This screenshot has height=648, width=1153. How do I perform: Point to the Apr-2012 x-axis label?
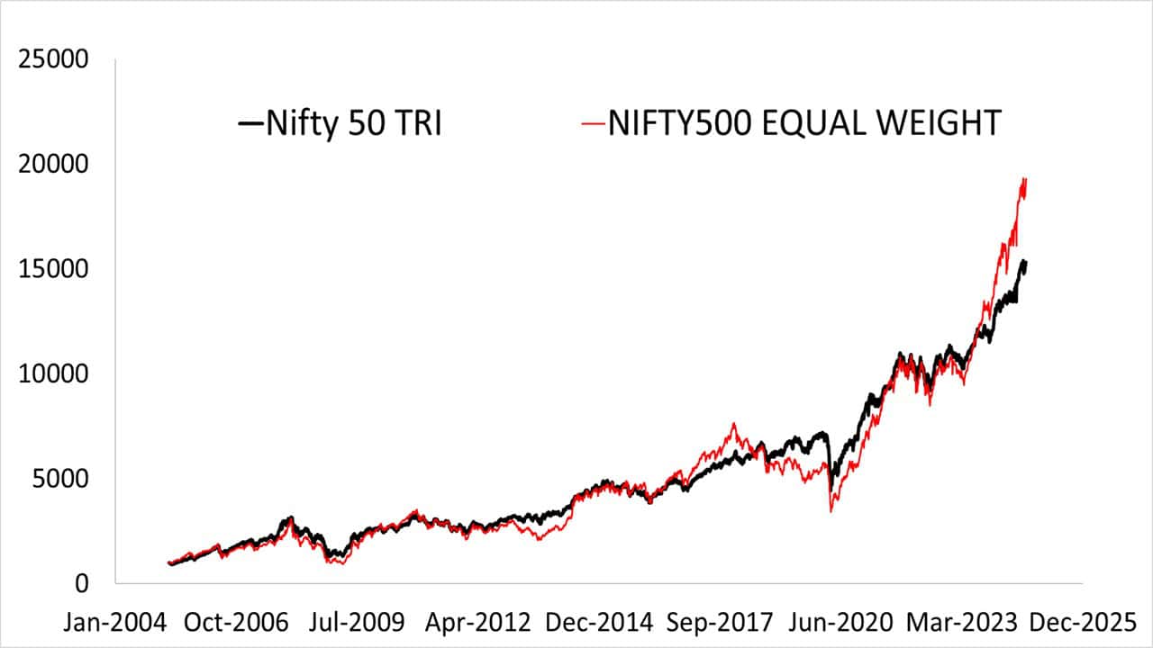tap(465, 622)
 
